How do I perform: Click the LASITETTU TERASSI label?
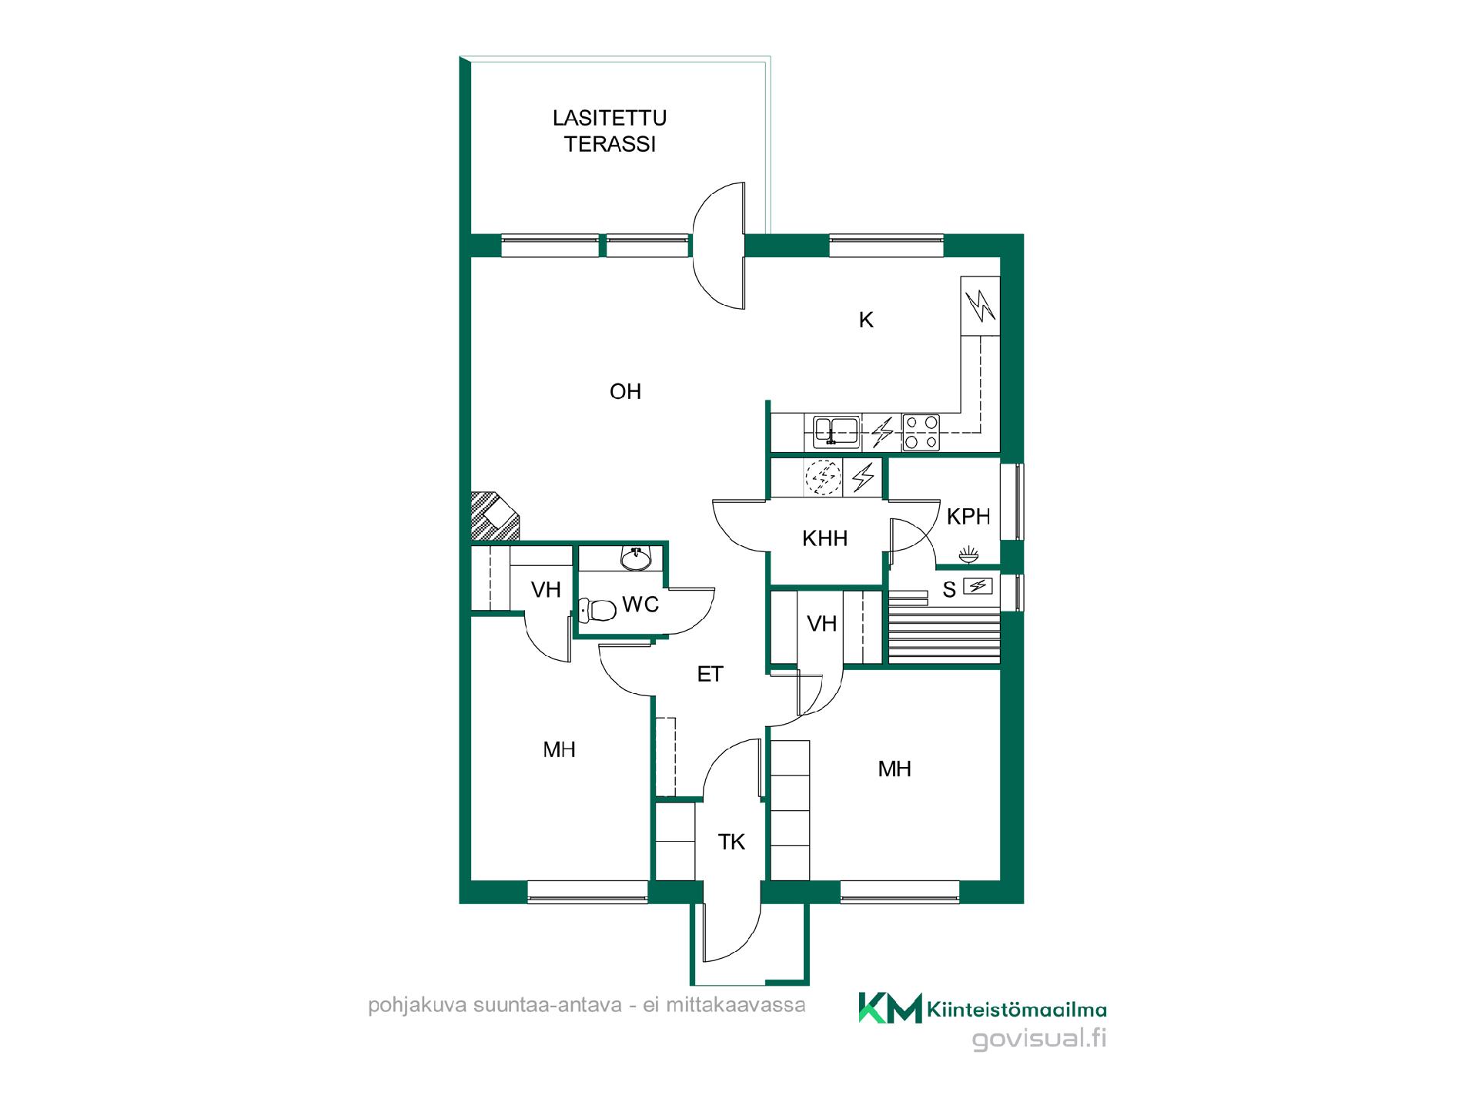pos(610,131)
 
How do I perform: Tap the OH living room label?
pos(625,392)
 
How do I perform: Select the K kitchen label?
pos(866,320)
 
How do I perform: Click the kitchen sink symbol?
pos(832,432)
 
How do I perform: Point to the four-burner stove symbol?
pos(921,432)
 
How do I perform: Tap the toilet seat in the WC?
pos(597,611)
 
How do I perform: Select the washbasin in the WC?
pos(636,559)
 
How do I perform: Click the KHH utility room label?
pos(824,538)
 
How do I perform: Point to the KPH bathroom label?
pos(968,517)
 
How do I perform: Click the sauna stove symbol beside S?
pos(978,587)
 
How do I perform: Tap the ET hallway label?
pos(710,675)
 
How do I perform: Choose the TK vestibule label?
pos(731,843)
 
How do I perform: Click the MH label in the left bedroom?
pos(559,749)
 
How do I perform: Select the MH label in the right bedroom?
pos(894,769)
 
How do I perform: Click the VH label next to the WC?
pos(546,591)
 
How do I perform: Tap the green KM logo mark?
pos(890,1007)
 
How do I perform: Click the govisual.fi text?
pos(1039,1039)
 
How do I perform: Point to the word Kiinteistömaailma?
pos(1018,1009)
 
